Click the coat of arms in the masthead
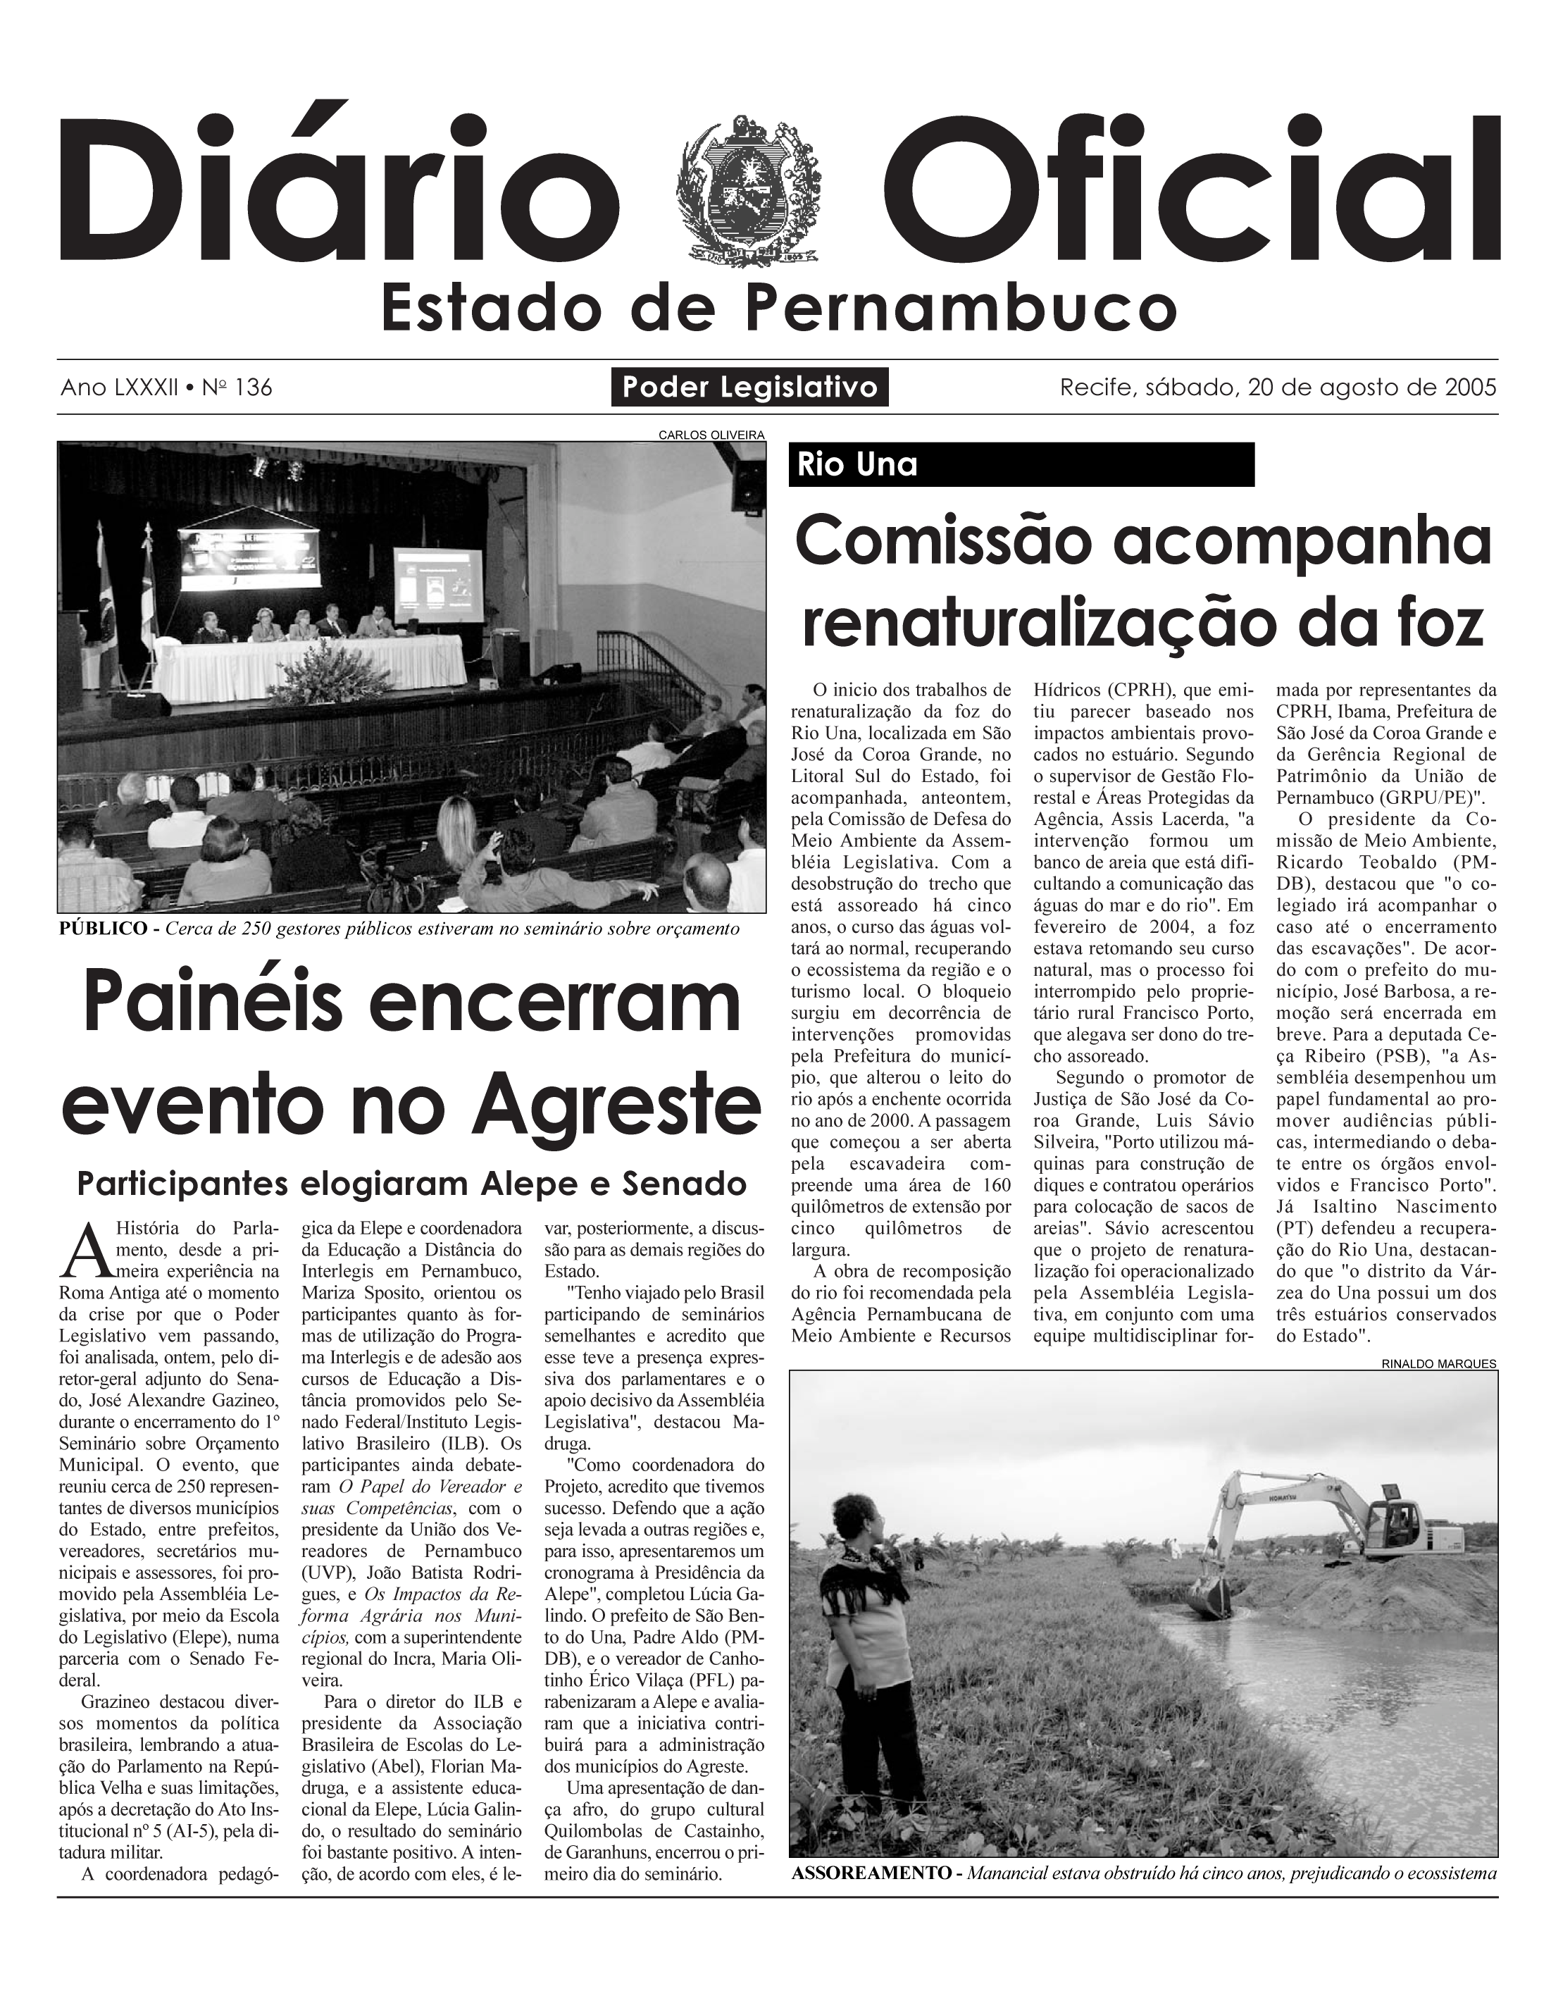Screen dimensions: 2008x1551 747,192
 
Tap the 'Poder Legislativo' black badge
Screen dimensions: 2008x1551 749,387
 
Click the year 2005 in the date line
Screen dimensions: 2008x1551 1470,387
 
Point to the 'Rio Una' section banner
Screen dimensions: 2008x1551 1021,464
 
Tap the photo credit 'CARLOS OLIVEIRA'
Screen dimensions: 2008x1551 711,435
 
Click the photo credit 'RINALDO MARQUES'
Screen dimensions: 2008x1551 1438,1363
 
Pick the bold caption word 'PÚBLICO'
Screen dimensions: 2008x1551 102,929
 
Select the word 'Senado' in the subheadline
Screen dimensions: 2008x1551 683,1183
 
